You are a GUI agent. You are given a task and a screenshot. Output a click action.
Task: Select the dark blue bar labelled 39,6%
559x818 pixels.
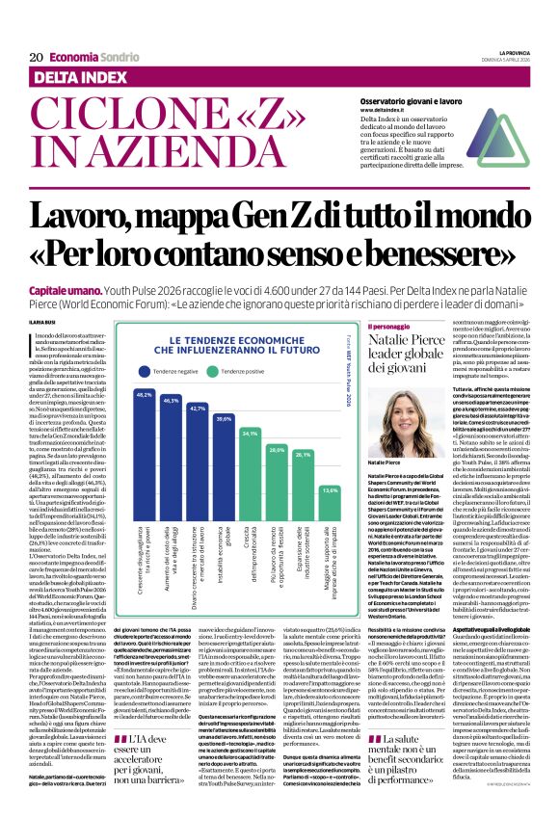224,472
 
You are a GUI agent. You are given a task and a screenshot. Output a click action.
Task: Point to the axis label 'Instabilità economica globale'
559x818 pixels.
224,555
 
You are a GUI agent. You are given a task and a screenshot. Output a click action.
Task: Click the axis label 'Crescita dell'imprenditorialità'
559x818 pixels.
250,559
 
